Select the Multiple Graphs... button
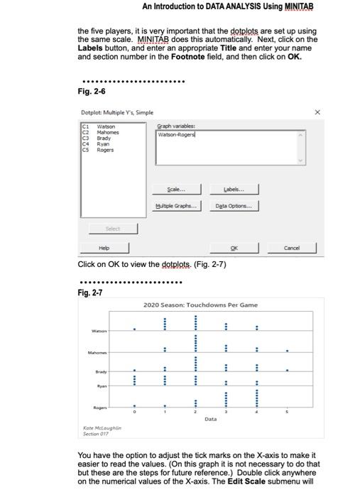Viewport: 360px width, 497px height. pos(175,206)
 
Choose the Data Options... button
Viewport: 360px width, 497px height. pos(234,206)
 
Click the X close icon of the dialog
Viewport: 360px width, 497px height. pos(317,112)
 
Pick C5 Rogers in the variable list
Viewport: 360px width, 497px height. pos(104,150)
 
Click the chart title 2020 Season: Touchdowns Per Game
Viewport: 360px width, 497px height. pos(200,305)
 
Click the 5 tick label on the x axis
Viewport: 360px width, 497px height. pos(288,411)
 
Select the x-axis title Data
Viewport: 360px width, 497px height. pos(211,420)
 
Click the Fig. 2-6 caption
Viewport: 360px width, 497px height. pos(91,92)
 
